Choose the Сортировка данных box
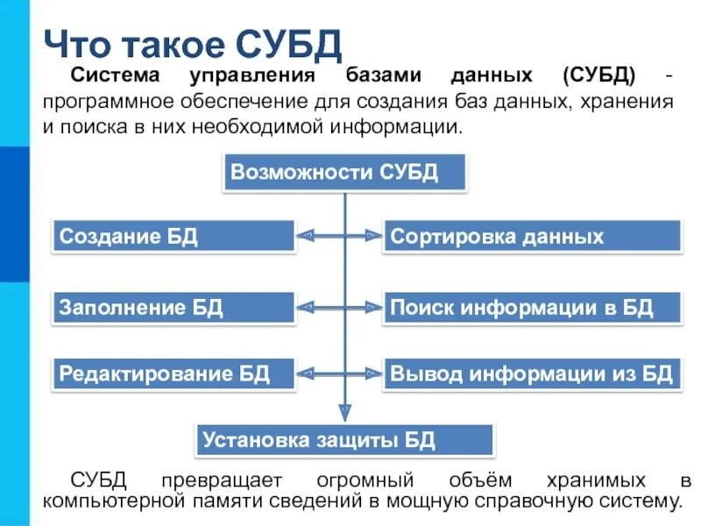(531, 236)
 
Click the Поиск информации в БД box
(531, 307)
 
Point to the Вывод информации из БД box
(531, 374)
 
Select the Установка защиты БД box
(344, 439)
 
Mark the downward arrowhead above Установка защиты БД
(346, 410)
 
